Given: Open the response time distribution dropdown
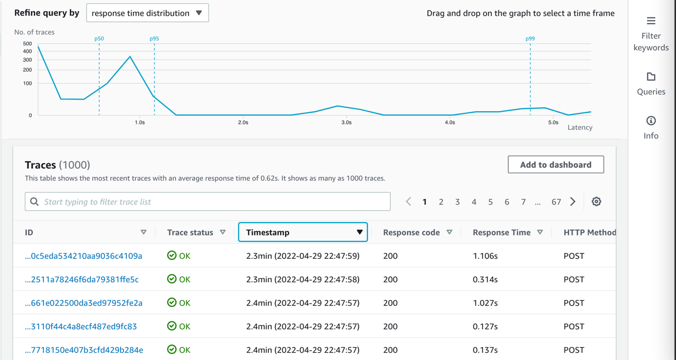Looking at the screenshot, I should tap(147, 13).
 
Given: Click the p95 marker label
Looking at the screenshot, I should tap(154, 39).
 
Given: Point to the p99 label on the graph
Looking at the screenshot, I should tap(530, 39).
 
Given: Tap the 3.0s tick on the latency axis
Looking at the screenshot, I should tap(347, 122).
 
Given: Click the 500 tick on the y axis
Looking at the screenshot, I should tap(27, 44).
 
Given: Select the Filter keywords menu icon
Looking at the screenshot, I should tap(651, 21).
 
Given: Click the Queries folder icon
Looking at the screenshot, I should tap(651, 77).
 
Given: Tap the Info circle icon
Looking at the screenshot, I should tap(651, 121).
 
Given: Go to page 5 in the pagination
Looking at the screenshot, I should tap(490, 202).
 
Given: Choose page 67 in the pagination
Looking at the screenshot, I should tap(556, 202).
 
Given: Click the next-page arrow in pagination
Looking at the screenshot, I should tap(573, 202).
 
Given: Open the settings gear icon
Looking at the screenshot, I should tap(597, 202).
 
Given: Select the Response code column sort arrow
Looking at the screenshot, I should tap(450, 233).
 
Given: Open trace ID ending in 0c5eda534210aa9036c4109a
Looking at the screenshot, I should tap(84, 256).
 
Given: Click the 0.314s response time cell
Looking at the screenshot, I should tap(485, 280).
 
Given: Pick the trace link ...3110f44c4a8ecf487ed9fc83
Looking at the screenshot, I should tap(81, 326).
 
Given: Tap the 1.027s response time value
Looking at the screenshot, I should tap(485, 303).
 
